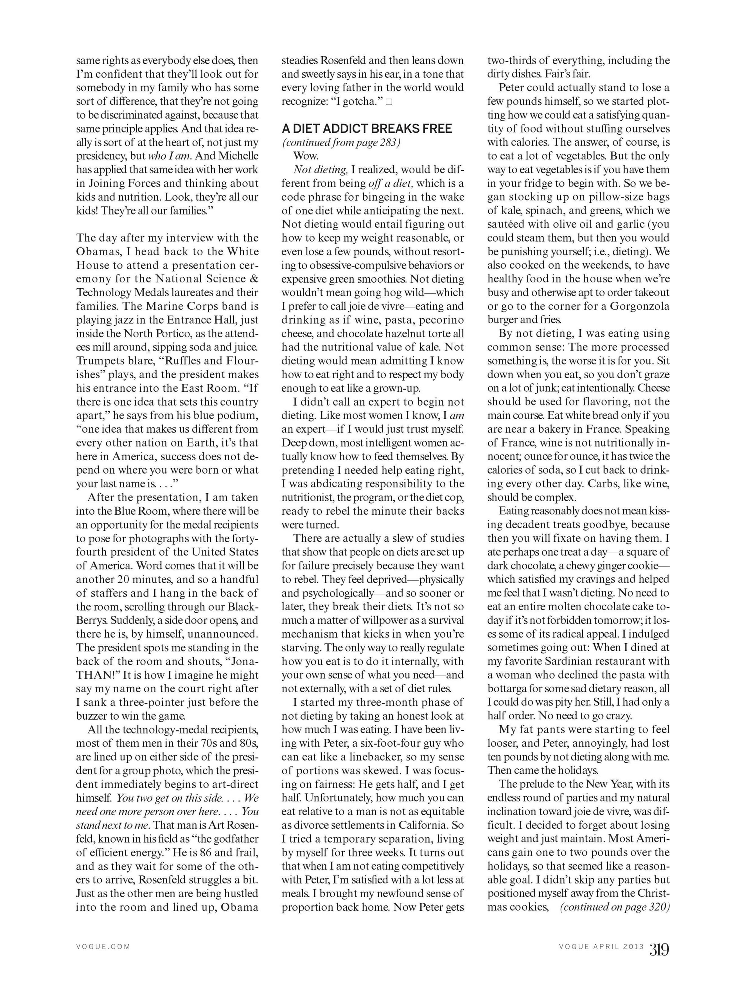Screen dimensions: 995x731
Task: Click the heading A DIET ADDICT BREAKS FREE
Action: coord(367,129)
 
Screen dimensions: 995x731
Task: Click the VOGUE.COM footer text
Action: coord(103,947)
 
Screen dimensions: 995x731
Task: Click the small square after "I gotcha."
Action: coord(389,102)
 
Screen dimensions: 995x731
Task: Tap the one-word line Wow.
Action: coord(306,156)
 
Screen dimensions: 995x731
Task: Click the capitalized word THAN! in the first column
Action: coord(95,675)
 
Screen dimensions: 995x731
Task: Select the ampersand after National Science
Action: coord(254,279)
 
